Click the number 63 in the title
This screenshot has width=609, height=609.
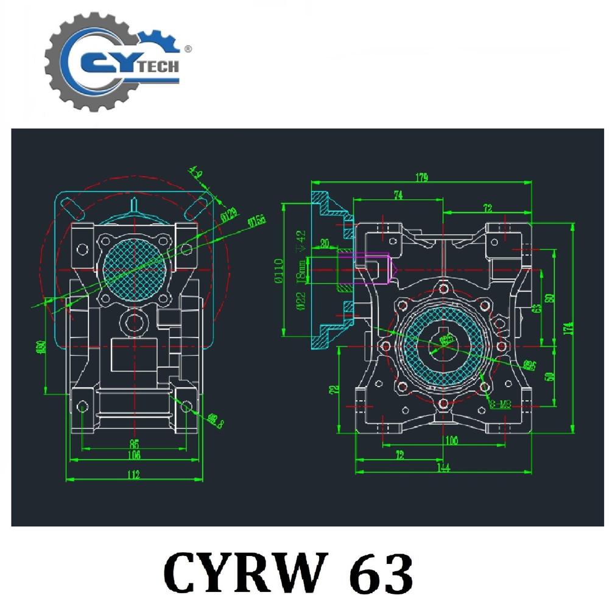pos(377,572)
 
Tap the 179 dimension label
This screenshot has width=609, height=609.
pos(421,178)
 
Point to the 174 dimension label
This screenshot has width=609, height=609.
pos(568,327)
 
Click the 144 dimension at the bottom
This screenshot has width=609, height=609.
pos(443,468)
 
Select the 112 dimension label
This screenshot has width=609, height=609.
pos(133,474)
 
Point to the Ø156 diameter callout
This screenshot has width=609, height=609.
pos(256,222)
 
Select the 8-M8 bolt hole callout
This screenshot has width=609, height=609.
pos(501,404)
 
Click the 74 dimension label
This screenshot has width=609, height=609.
pos(399,195)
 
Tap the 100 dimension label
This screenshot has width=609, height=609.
pos(451,440)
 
